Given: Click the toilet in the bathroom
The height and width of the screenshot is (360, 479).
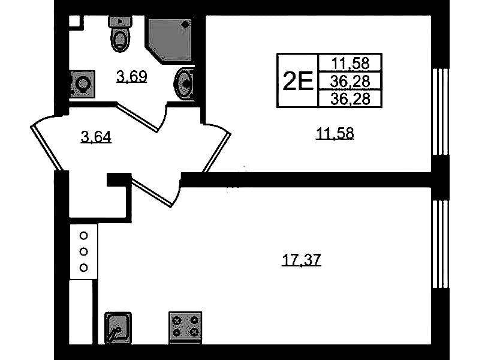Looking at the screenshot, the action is point(120,34).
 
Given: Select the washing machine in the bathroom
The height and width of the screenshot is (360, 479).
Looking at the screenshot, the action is point(82,84).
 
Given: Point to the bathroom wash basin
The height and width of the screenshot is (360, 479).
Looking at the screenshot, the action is point(184,83).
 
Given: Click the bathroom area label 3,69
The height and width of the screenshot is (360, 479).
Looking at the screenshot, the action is point(132,76).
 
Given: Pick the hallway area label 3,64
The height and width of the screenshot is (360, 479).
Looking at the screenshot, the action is point(96,137).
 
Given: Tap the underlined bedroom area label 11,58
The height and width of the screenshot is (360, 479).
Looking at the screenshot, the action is point(335,134).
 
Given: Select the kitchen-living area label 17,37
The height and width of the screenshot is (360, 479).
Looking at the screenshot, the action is point(301,260).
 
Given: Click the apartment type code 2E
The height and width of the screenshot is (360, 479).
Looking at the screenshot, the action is point(298,81).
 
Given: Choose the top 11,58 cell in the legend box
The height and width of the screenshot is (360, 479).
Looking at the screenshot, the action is point(350,63).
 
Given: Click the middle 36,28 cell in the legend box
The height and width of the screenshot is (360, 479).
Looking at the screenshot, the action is point(350,81).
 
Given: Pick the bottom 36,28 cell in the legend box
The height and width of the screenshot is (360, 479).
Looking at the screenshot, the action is point(350,98).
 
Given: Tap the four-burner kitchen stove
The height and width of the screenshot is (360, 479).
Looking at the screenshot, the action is point(185,328).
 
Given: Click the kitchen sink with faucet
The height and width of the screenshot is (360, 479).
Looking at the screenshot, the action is point(118,328).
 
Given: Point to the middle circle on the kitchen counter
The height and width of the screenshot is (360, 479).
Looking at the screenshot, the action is point(83,252).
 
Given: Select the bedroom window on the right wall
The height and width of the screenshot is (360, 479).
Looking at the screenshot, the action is point(441,112).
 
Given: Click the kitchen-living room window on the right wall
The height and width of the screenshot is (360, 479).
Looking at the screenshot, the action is point(441,244).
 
